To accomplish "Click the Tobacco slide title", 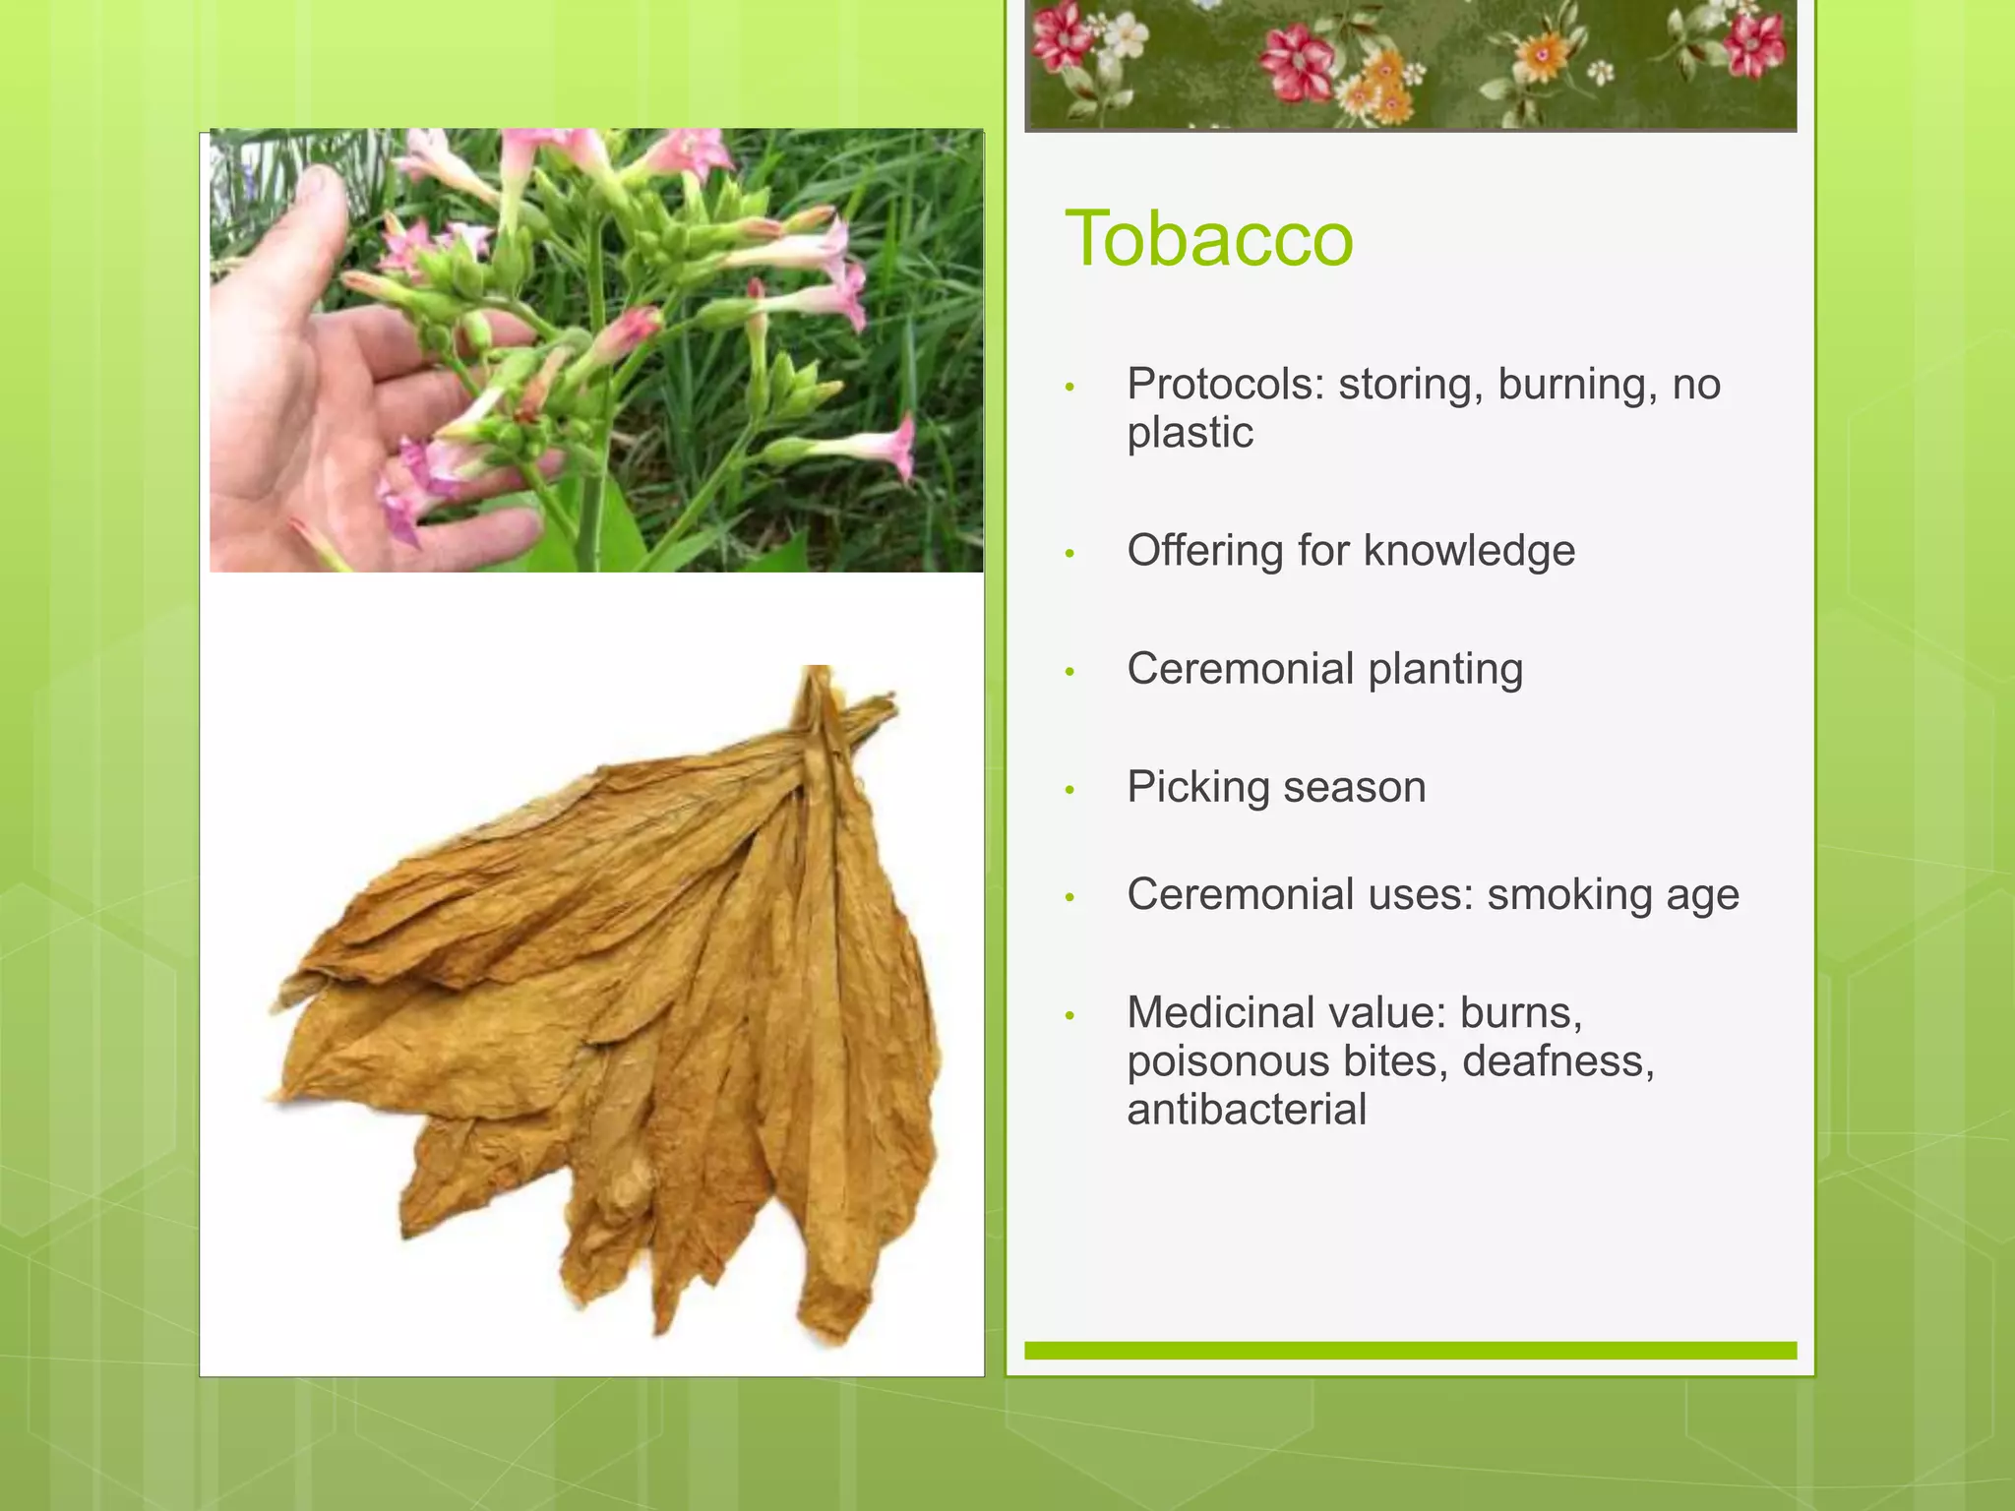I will click(1209, 239).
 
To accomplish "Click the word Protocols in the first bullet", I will click(1225, 384).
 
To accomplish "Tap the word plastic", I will click(1190, 433).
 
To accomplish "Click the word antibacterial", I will click(1247, 1110).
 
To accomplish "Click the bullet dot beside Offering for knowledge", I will click(1069, 554).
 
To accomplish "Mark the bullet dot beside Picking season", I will click(1069, 790).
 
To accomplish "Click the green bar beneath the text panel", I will click(1410, 1351).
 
